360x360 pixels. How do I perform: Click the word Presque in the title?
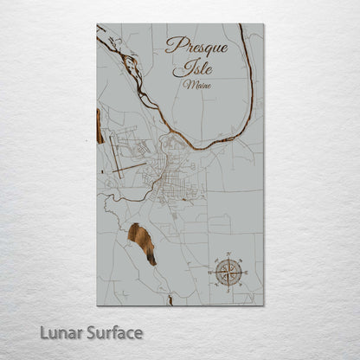(x=196, y=46)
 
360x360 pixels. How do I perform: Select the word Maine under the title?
(x=195, y=85)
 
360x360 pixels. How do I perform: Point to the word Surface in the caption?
(x=112, y=333)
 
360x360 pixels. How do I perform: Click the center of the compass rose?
(x=228, y=273)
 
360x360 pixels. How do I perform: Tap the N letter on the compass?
(x=228, y=254)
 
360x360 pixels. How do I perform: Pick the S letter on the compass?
(x=228, y=291)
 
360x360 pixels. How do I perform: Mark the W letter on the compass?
(x=209, y=273)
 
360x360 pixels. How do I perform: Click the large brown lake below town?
(x=143, y=242)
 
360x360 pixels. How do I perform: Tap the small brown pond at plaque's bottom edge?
(x=170, y=301)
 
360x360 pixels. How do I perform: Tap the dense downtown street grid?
(x=164, y=183)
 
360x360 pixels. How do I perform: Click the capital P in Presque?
(x=172, y=45)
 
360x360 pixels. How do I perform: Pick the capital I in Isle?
(x=182, y=66)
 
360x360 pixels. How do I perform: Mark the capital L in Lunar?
(x=42, y=333)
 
